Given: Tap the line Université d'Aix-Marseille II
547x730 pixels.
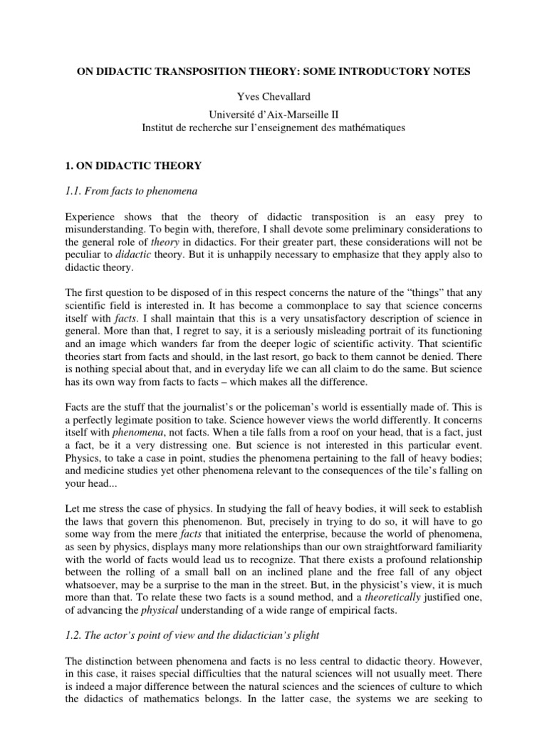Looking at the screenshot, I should pos(273,114).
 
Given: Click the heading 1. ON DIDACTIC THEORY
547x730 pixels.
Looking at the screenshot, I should pos(134,166).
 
